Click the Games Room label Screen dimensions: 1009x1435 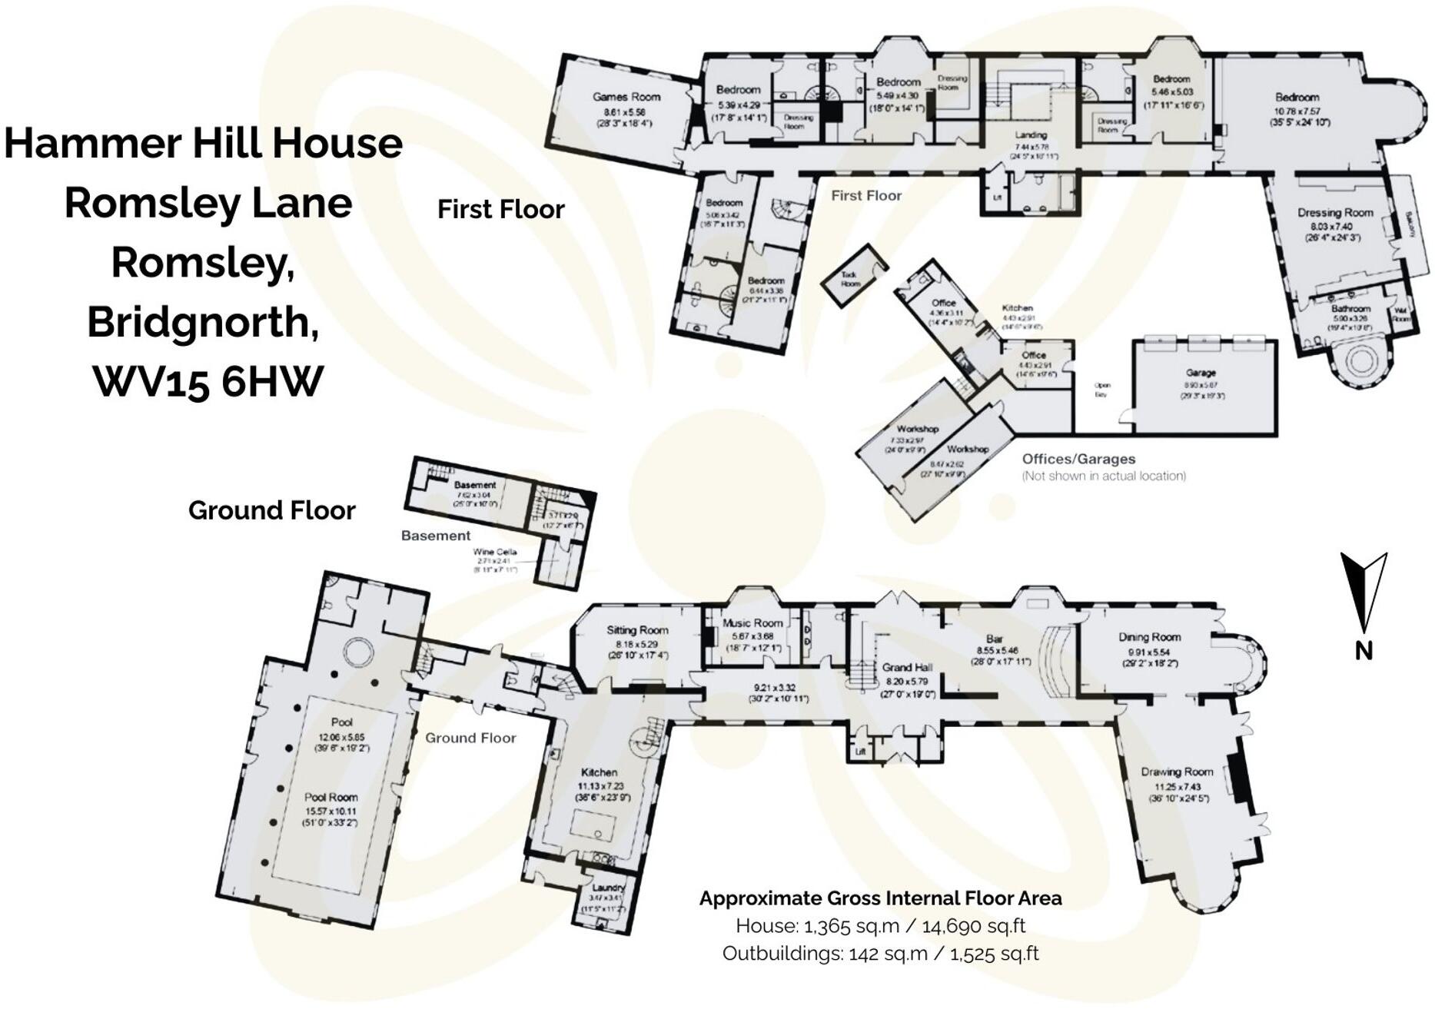(626, 97)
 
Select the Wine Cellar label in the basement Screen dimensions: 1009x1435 (494, 552)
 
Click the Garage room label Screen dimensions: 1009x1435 (1201, 372)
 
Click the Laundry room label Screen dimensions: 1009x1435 (608, 888)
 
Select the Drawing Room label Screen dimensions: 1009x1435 (1176, 772)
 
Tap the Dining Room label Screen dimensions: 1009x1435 (1149, 636)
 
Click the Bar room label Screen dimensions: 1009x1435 (994, 639)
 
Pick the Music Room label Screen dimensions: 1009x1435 (752, 623)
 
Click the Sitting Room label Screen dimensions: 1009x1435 (637, 629)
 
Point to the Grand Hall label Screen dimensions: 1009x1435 (907, 667)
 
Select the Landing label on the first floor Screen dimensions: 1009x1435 (1031, 135)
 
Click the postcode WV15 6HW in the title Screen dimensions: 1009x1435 (208, 381)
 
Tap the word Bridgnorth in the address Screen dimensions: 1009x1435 (203, 322)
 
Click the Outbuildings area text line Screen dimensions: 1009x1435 (880, 954)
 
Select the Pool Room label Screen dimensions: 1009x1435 (331, 798)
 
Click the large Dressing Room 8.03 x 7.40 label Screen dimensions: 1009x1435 (1334, 213)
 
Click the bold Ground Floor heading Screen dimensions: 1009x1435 (271, 510)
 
